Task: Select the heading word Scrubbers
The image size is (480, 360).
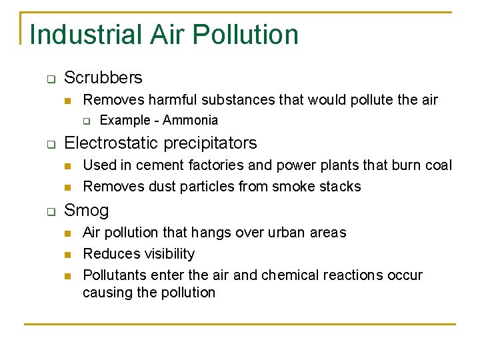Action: tap(103, 78)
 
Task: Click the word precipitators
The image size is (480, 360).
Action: tap(210, 143)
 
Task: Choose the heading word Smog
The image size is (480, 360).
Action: tap(86, 211)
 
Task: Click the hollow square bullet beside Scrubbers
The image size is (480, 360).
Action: tap(50, 79)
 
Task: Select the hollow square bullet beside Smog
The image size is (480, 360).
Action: tap(50, 211)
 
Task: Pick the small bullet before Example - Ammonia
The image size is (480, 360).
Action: tap(86, 121)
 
